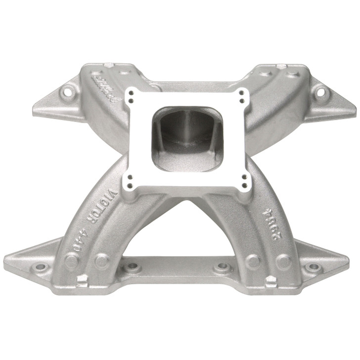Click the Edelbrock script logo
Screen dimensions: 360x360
point(105,87)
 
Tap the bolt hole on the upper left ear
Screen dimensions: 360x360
point(66,92)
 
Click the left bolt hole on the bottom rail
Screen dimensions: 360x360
point(133,268)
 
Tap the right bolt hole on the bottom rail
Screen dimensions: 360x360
point(221,268)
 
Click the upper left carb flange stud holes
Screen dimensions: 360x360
point(130,95)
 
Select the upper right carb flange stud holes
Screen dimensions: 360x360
point(242,95)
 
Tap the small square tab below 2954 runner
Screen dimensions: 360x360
point(270,280)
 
